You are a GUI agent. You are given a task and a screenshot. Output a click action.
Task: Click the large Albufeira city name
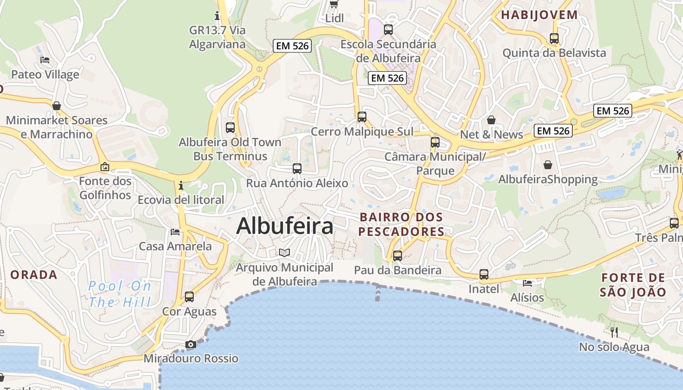[x=285, y=226]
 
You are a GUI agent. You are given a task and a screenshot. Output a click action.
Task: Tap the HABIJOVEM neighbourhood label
[x=539, y=15]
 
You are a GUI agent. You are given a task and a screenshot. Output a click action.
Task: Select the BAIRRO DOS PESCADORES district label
[x=402, y=224]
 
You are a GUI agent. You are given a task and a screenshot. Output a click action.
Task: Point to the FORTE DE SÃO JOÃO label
[x=633, y=285]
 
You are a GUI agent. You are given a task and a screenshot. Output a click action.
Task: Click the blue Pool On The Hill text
[x=120, y=294]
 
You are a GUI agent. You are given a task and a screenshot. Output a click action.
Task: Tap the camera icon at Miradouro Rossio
[x=191, y=345]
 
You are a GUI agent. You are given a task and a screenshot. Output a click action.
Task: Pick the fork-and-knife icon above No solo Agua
[x=614, y=332]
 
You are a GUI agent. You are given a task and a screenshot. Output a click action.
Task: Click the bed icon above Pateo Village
[x=45, y=60]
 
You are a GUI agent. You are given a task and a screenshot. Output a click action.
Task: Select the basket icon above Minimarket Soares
[x=57, y=106]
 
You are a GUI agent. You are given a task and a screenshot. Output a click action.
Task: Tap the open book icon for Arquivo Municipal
[x=284, y=253]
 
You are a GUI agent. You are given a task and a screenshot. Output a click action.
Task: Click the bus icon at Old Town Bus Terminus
[x=230, y=128]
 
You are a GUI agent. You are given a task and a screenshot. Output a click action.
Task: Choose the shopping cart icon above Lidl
[x=334, y=4]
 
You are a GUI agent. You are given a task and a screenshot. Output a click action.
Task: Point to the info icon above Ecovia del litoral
[x=181, y=186]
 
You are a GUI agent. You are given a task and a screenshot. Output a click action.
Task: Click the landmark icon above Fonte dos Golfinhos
[x=105, y=167]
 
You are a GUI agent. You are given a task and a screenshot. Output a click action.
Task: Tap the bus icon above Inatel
[x=483, y=274]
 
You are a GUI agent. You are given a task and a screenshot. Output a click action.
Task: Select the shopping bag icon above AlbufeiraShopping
[x=548, y=165]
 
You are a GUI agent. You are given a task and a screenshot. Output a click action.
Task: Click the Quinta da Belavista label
[x=554, y=53]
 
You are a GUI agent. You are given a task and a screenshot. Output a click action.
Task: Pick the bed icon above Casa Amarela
[x=175, y=232]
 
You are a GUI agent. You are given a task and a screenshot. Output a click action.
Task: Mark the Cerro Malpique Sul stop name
[x=362, y=132]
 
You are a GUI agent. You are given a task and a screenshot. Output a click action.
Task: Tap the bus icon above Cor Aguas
[x=189, y=296]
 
